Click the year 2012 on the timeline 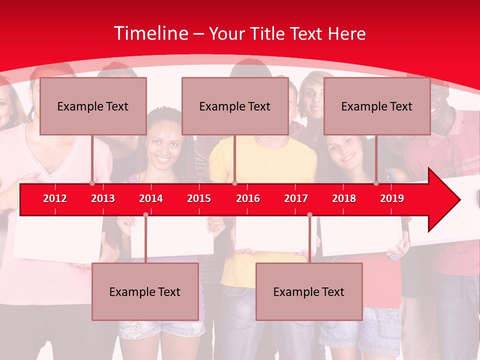[x=55, y=198]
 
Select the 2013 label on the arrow [x=103, y=198]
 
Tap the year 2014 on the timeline [x=151, y=198]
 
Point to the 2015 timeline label [x=199, y=198]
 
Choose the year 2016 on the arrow [x=248, y=198]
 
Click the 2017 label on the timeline [x=296, y=198]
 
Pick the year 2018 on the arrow [x=344, y=198]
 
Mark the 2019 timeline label [x=392, y=198]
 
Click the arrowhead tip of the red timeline [x=459, y=200]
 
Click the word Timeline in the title [x=151, y=33]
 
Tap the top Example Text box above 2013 [x=93, y=106]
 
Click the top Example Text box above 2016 [x=235, y=106]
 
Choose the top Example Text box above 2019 [x=377, y=106]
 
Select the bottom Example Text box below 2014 [x=145, y=291]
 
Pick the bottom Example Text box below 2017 [x=309, y=291]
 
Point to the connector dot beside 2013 [x=92, y=183]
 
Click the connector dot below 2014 [x=145, y=214]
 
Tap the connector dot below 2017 [x=309, y=214]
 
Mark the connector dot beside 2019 [x=376, y=183]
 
